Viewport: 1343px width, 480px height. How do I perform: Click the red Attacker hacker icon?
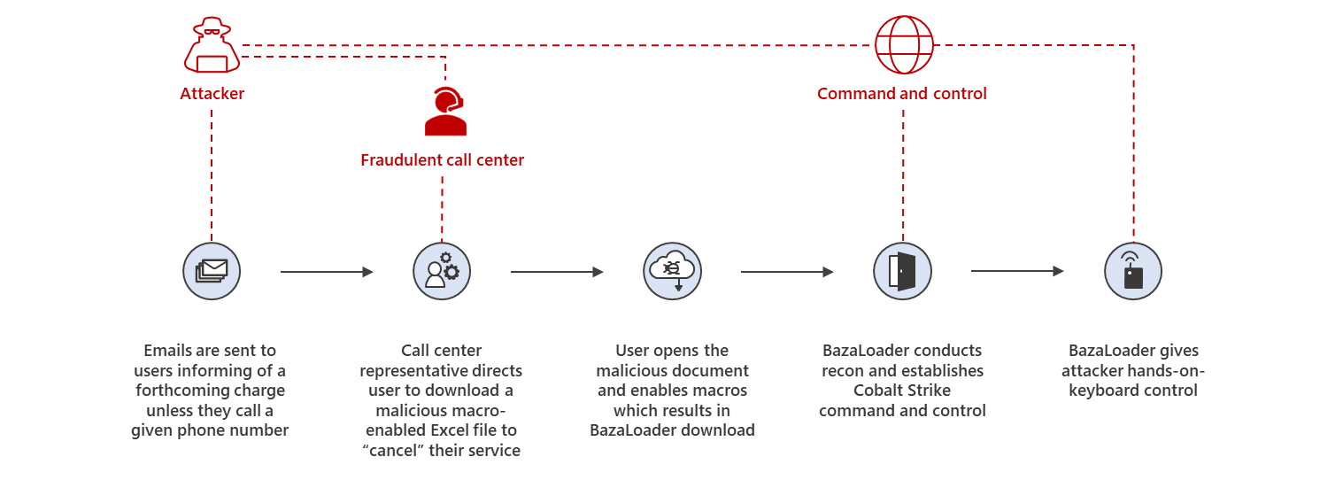click(212, 46)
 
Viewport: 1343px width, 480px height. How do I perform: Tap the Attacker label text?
click(212, 94)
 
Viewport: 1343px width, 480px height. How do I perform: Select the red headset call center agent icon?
click(444, 112)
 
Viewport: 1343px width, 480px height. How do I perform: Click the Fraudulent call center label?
click(442, 160)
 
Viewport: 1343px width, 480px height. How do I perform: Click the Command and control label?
click(901, 94)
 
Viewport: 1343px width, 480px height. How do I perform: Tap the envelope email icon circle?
click(212, 271)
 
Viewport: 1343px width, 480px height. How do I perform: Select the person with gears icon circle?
click(442, 271)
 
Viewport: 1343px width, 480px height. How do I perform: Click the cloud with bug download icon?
click(672, 271)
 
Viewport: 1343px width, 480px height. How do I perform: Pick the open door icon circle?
click(902, 271)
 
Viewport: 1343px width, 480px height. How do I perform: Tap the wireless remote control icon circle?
click(1132, 271)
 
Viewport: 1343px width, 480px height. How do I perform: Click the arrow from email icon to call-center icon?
click(327, 272)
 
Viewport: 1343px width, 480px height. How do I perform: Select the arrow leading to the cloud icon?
click(557, 272)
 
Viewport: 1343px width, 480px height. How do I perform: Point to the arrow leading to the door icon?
click(787, 272)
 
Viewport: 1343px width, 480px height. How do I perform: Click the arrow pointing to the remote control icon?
click(1017, 271)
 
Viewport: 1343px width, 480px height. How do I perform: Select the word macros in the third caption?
click(720, 391)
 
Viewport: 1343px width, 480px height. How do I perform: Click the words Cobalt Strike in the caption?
click(902, 391)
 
